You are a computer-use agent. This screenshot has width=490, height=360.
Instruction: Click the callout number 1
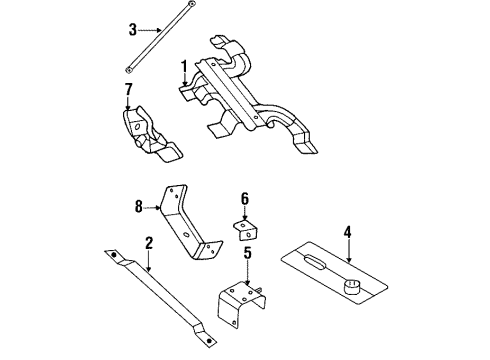pyautogui.click(x=184, y=68)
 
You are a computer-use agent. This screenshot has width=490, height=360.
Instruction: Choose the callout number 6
pyautogui.click(x=243, y=198)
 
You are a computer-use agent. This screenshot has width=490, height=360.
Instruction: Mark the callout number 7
pyautogui.click(x=128, y=93)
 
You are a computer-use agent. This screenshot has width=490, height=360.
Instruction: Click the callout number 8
pyautogui.click(x=139, y=208)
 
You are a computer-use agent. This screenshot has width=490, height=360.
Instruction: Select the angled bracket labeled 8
pyautogui.click(x=190, y=226)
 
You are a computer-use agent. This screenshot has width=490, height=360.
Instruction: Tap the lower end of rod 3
pyautogui.click(x=129, y=69)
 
